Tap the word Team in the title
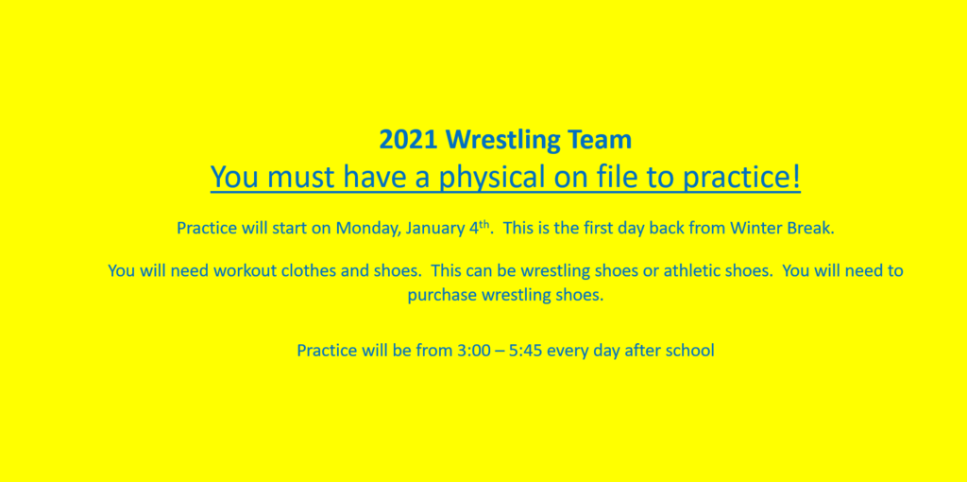(x=602, y=140)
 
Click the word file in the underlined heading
(x=616, y=177)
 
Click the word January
(x=433, y=229)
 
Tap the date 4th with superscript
(x=476, y=227)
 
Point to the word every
(x=568, y=352)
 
